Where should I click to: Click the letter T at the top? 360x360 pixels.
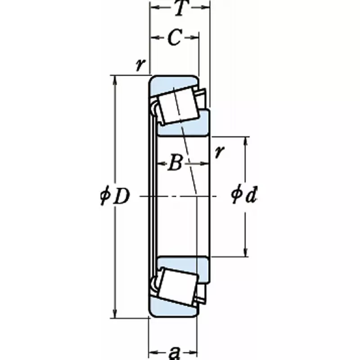tap(180, 9)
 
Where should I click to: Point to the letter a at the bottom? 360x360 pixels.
tap(173, 352)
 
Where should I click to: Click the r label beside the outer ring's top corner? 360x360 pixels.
tap(140, 65)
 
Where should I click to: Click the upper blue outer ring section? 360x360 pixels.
tap(173, 83)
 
